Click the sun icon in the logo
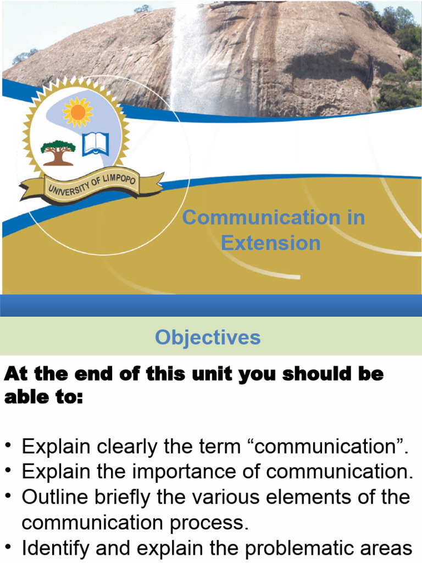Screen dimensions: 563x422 click(77, 112)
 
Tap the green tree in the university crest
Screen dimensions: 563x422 click(58, 152)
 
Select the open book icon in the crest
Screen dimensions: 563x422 click(96, 145)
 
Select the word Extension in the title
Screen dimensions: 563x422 click(270, 243)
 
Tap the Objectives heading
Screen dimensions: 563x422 click(208, 337)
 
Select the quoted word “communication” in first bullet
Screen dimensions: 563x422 click(329, 447)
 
